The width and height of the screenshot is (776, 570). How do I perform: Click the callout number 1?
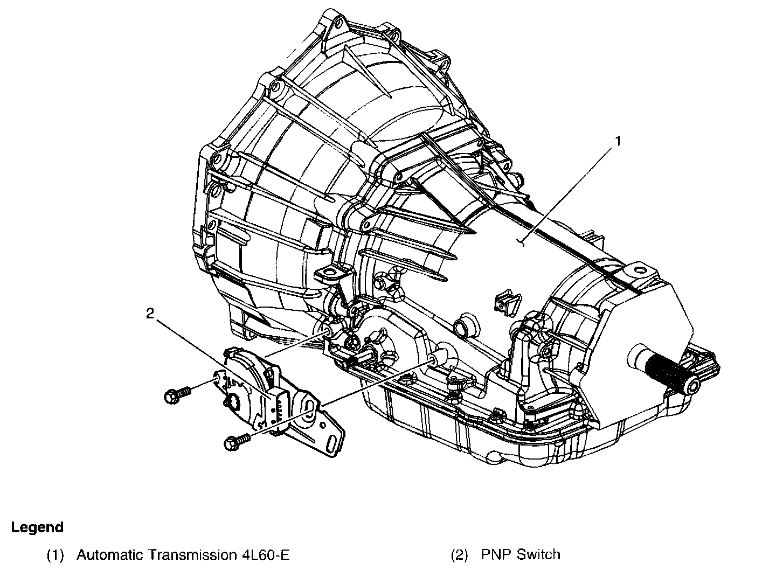pos(618,141)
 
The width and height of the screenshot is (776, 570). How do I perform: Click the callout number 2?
pos(150,314)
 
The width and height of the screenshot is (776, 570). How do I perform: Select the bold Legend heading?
pos(38,527)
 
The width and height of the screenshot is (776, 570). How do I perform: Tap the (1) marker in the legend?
pos(56,555)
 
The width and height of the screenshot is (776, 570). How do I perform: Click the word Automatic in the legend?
pos(109,555)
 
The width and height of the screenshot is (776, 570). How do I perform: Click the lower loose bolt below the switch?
pos(237,442)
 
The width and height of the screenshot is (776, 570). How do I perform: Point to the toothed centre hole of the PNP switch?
pos(235,401)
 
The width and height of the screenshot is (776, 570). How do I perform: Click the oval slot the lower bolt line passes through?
pos(309,407)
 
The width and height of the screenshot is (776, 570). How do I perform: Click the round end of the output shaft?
pos(692,384)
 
